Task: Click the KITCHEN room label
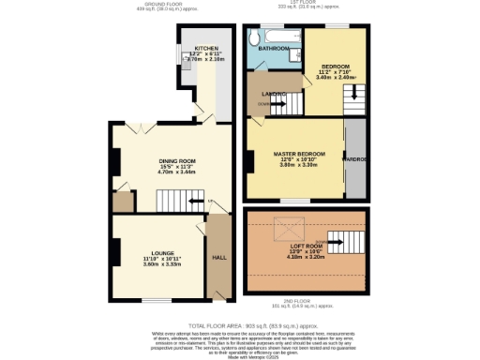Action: (x=205, y=47)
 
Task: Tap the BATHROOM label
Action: (x=274, y=48)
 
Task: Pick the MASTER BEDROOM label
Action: (x=299, y=153)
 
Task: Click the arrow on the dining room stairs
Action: (x=195, y=201)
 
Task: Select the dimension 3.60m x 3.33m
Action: (x=160, y=265)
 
